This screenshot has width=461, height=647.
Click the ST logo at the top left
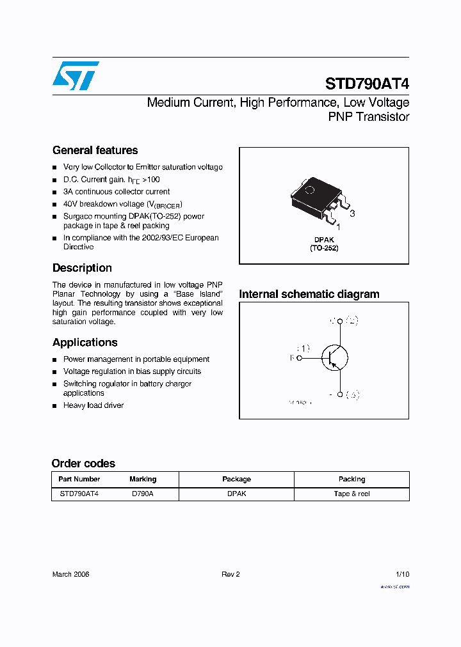76,75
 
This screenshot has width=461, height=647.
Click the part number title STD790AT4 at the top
367,84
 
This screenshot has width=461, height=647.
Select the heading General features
95,150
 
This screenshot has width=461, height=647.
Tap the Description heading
82,268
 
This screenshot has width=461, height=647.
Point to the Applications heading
85,342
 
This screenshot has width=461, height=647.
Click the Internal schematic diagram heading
309,294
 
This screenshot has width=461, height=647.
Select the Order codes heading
83,464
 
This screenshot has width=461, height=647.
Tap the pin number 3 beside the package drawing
352,214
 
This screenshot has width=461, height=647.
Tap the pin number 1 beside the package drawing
338,226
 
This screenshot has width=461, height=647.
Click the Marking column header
143,479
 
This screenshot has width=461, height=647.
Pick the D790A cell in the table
143,494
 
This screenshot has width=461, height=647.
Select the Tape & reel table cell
352,494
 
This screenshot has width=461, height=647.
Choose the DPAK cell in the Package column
236,494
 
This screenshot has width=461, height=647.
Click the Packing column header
352,479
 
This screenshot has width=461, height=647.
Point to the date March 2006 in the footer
70,574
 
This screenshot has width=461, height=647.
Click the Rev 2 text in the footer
230,574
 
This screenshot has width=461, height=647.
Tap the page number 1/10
403,574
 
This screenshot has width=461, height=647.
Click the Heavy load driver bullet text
93,405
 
